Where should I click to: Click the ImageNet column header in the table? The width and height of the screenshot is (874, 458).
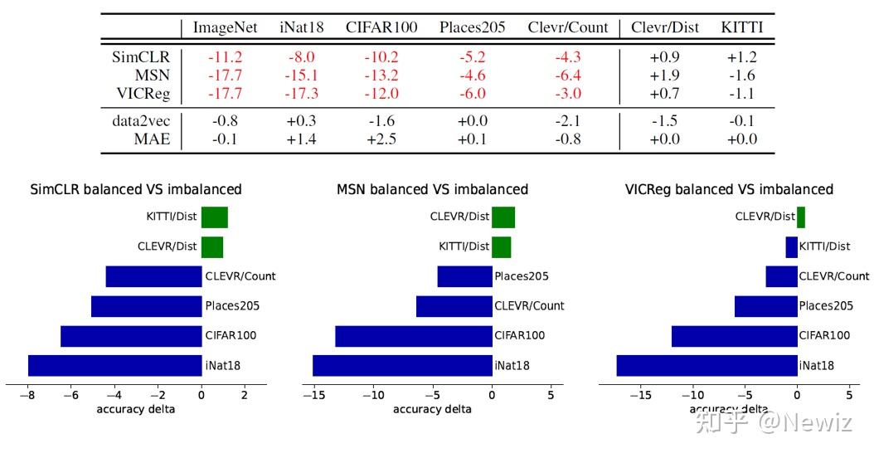225,27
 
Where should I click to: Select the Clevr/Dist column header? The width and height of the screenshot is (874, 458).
663,27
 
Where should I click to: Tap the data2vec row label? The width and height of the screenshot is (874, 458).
141,121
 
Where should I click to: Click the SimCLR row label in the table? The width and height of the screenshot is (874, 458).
141,57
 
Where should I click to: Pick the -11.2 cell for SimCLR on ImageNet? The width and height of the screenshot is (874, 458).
225,57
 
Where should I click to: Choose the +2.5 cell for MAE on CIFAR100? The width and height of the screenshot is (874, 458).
382,139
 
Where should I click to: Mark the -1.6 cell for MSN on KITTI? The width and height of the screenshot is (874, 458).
741,76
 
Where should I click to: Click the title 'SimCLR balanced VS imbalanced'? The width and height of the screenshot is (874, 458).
136,189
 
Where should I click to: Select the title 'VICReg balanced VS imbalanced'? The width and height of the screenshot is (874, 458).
729,189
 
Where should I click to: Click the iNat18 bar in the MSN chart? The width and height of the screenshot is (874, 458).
402,365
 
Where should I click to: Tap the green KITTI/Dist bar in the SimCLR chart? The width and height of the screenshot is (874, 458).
214,217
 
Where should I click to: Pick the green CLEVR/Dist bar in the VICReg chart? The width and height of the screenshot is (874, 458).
801,217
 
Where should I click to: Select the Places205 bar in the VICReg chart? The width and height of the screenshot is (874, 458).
765,306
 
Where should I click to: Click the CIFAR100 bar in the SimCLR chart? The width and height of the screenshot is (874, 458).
131,336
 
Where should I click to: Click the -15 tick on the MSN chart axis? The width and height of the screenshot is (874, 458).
315,395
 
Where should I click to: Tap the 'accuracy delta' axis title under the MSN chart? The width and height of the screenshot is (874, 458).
432,409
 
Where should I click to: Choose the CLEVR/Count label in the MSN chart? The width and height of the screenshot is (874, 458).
529,306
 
